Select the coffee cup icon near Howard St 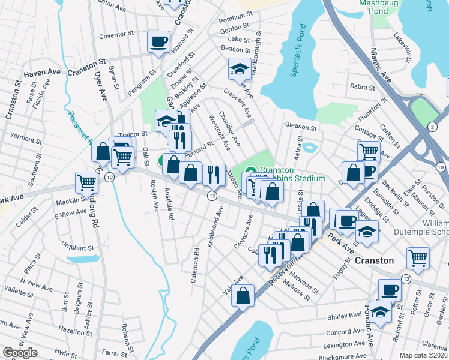(x=159, y=42)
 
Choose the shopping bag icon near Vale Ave (x=243, y=296)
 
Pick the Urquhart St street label (x=77, y=245)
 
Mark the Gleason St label (x=300, y=127)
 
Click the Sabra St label (x=362, y=87)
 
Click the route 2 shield (x=432, y=127)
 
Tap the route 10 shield (x=441, y=167)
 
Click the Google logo (x=20, y=353)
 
